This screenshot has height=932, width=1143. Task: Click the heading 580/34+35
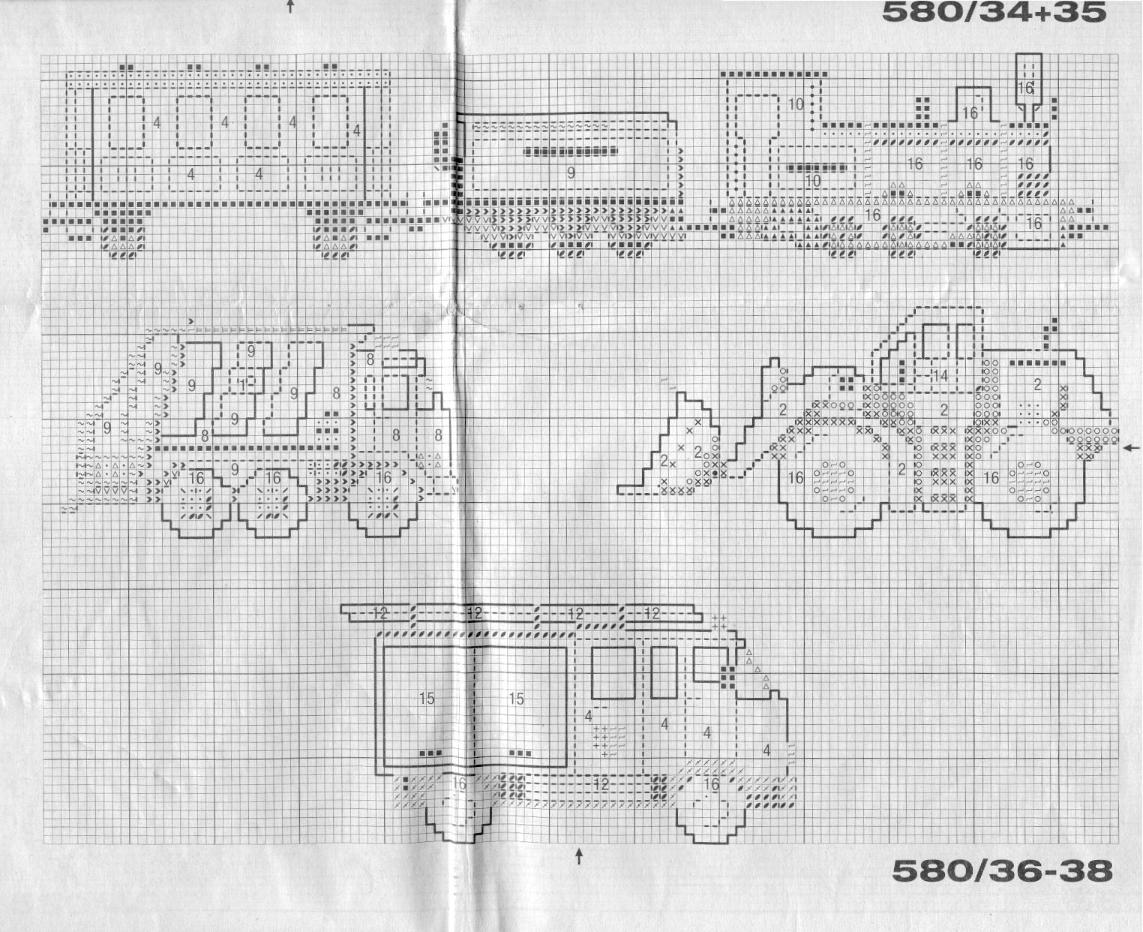tap(994, 12)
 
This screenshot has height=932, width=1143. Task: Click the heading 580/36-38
tap(1002, 870)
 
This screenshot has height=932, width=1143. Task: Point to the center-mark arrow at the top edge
tap(290, 7)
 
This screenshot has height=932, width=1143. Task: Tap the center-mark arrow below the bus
tap(579, 855)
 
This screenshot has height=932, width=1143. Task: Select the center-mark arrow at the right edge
tap(1132, 448)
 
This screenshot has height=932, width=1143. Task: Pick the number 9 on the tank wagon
tap(571, 173)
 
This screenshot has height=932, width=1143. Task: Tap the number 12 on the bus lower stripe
tap(600, 784)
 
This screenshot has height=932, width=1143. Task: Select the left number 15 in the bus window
tap(426, 699)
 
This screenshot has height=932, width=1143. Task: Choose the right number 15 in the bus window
tap(516, 699)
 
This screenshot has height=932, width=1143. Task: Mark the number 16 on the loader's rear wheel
tap(991, 477)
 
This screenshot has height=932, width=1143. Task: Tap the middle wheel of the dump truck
tap(273, 501)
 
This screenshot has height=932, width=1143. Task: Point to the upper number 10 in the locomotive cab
tap(796, 104)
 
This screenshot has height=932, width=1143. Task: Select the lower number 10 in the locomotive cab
tap(812, 181)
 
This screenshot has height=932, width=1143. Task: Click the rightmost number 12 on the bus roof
tap(651, 614)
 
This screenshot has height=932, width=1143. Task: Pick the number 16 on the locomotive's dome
tap(970, 113)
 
